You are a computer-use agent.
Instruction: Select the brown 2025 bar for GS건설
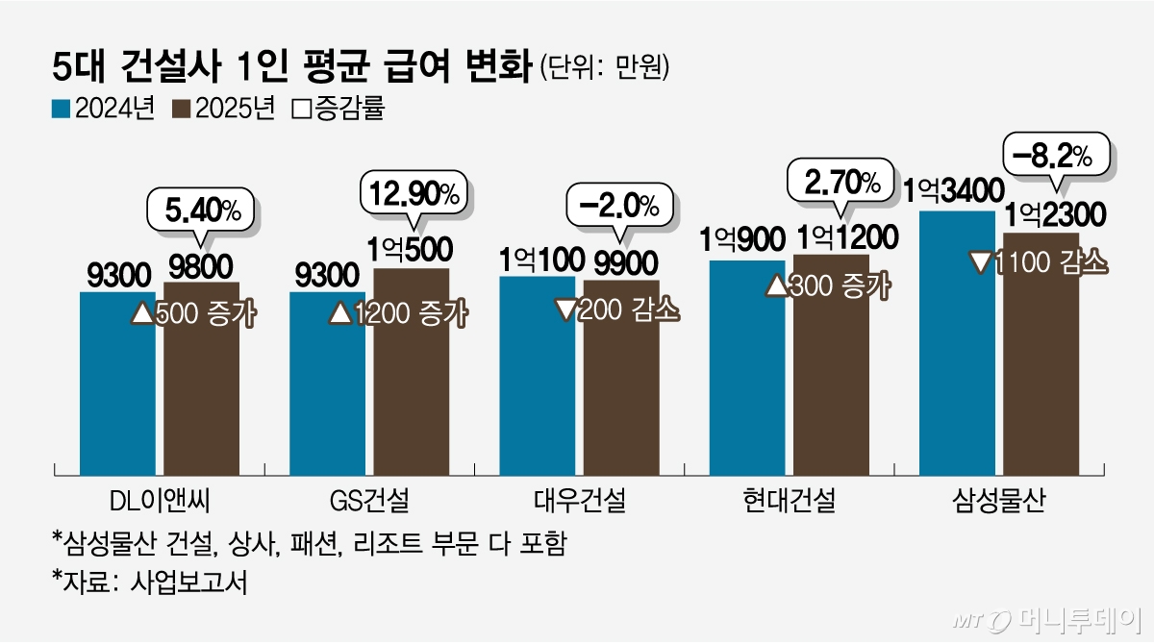(x=412, y=384)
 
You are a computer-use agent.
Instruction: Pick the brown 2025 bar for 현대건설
(x=831, y=384)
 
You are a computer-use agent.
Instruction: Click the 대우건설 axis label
(x=579, y=501)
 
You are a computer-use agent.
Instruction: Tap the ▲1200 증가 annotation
(x=398, y=312)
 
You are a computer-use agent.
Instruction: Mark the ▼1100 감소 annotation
(x=1039, y=262)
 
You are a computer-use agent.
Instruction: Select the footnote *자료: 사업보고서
(x=149, y=583)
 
